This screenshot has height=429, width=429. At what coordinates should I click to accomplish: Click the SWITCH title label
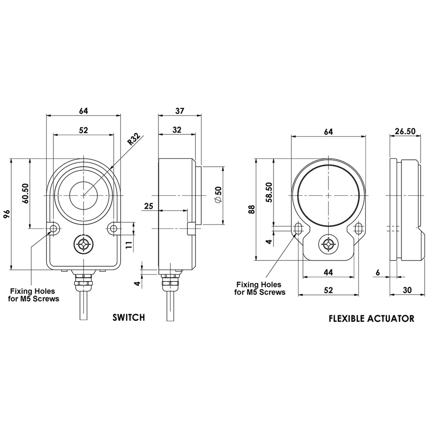click(129, 317)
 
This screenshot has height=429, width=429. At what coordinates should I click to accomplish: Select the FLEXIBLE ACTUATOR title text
click(371, 319)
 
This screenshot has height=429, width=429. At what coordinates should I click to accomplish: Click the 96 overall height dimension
click(7, 214)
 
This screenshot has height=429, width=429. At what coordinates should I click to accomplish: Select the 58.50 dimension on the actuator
click(269, 192)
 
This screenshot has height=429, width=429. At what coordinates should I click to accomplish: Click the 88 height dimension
click(251, 210)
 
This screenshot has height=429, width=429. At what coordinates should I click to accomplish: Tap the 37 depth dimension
click(180, 111)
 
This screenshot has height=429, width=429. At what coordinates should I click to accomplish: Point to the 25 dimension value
click(148, 206)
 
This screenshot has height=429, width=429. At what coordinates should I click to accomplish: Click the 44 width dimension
click(328, 272)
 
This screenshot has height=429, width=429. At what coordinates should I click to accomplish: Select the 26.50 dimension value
click(405, 131)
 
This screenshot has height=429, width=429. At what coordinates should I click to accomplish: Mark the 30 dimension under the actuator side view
click(407, 290)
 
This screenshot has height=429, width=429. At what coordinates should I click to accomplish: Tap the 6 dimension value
click(378, 273)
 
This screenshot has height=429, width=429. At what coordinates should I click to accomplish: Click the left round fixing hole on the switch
click(53, 229)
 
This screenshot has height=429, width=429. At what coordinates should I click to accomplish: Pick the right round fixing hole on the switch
click(114, 229)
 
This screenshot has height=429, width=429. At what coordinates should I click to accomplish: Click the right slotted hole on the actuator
click(358, 228)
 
